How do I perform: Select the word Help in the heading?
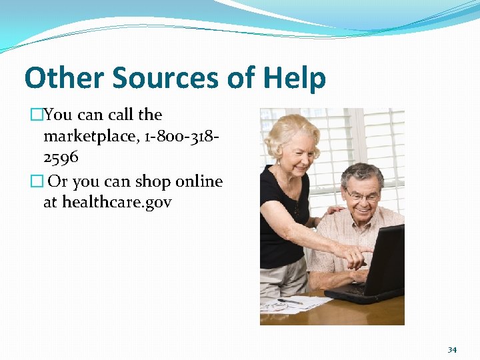pos(294,78)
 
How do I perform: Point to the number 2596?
pos(61,158)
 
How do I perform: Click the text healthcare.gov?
pos(117,202)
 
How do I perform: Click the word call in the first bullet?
pos(121,115)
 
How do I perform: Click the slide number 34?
pos(452,349)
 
